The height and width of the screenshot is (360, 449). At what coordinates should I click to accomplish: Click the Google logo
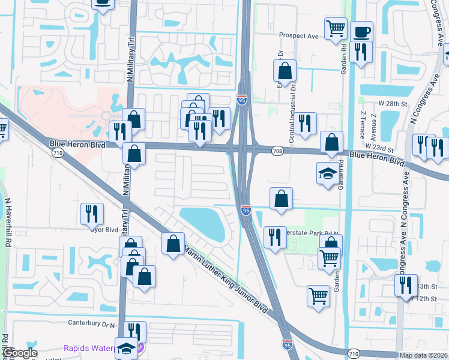(x=19, y=353)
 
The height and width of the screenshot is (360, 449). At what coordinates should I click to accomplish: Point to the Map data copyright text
(x=423, y=355)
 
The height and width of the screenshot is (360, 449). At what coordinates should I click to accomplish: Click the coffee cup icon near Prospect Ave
(x=362, y=31)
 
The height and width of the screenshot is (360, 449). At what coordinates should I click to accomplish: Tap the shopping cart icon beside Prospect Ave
(x=336, y=28)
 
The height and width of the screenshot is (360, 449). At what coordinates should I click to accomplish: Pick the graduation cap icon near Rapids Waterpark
(x=127, y=348)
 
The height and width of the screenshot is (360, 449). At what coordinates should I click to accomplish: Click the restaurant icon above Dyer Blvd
(x=92, y=213)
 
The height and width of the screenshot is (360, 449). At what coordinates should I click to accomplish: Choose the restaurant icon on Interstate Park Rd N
(x=275, y=236)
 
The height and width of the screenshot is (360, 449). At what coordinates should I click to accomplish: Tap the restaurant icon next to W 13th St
(x=406, y=284)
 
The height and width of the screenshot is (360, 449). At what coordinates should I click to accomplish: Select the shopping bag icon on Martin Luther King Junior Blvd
(x=173, y=243)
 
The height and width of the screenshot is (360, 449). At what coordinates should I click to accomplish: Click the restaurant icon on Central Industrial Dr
(x=306, y=123)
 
